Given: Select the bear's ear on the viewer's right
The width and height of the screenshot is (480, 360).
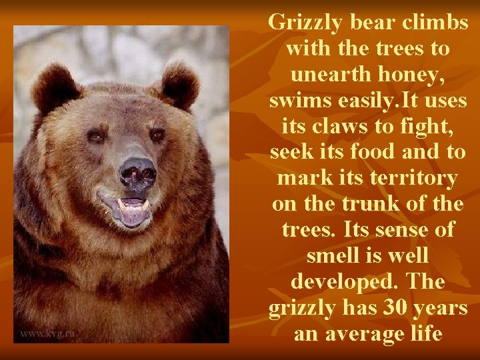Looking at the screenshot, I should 179,83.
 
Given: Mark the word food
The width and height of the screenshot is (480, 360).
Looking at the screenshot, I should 380,151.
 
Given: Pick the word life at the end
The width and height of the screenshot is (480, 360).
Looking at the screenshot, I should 424,332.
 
